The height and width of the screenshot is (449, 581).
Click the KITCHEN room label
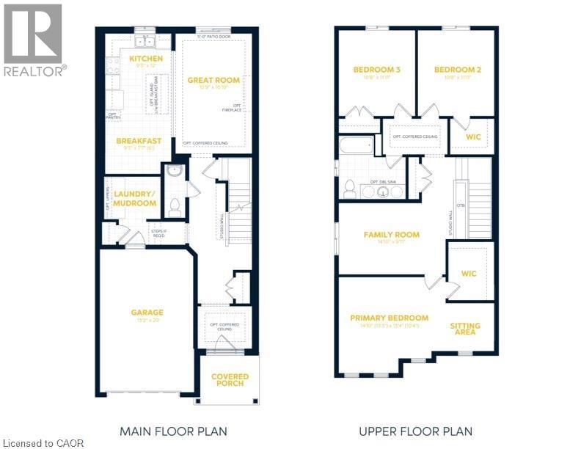coord(145,58)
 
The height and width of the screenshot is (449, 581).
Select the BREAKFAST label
coord(138,141)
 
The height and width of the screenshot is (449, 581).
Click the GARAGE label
coord(147,312)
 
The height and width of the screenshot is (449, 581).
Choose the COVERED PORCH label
coord(230,380)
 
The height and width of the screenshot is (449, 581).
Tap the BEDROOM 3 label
coord(376,70)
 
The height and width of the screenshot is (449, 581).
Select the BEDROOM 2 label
coord(457,70)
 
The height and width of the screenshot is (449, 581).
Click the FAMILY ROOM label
coord(392,235)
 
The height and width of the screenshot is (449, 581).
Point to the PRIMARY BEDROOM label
coord(389,318)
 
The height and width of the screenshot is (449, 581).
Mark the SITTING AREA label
coord(465,327)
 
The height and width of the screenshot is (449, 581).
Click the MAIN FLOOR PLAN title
coord(173,431)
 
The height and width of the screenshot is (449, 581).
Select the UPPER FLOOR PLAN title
coord(415,431)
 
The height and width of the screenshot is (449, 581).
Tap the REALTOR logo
coord(34,40)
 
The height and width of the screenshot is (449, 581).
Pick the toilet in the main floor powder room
coord(175,207)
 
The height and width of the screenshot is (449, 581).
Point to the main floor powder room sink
coord(174,171)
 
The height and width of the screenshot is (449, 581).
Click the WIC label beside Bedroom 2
coord(473,136)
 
